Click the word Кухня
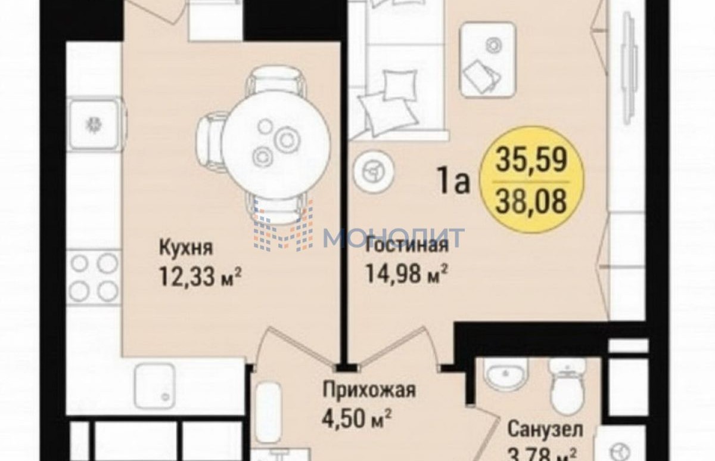point(186,248)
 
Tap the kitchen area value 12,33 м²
point(200,277)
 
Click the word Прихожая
point(369,390)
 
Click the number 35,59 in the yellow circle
point(531,160)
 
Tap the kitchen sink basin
point(94,124)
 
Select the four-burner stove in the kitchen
point(94,277)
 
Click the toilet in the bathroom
point(567,386)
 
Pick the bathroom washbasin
point(505,376)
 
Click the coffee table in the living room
point(489,60)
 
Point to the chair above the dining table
point(275,82)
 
